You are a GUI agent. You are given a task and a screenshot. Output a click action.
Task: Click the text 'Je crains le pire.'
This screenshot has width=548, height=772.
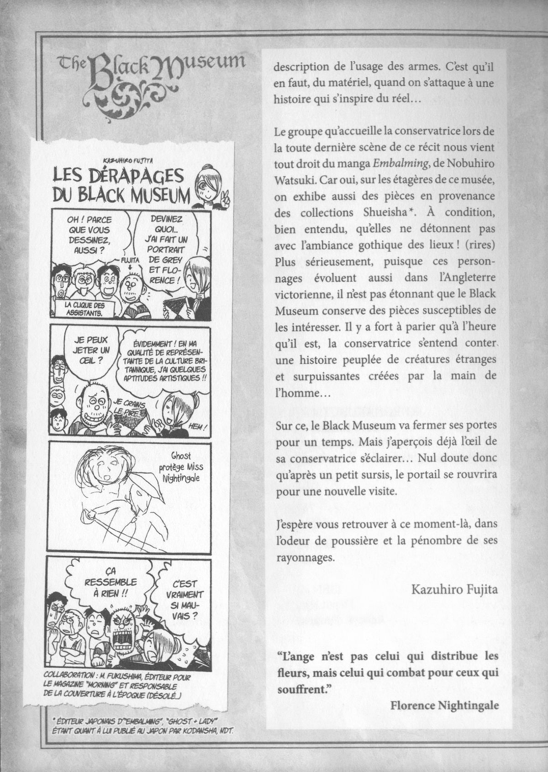tap(126, 405)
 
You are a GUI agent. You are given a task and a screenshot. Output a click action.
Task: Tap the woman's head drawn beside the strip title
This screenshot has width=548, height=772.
tap(209, 183)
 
